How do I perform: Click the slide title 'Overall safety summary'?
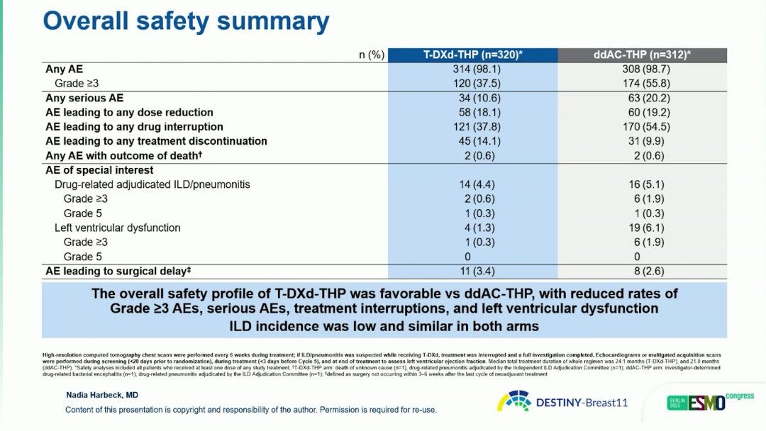pos(186,21)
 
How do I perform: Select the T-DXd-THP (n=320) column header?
pos(472,55)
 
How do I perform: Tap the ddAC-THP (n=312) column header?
pos(642,55)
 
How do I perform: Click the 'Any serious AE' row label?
pos(84,98)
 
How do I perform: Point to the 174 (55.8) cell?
pos(641,84)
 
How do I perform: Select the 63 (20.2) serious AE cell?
pos(641,98)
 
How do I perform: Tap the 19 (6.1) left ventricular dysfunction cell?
pos(641,228)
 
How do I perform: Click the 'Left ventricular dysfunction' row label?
pos(117,228)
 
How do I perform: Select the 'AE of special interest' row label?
pos(99,170)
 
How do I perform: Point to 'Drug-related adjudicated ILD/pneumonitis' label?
pos(152,184)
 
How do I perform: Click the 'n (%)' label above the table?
pos(371,55)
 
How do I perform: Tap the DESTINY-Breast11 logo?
pos(563,402)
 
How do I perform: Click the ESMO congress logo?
pos(709,402)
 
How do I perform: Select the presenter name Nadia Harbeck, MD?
pos(102,396)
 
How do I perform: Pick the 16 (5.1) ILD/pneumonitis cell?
pos(641,184)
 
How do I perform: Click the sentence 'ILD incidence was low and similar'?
pos(384,326)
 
